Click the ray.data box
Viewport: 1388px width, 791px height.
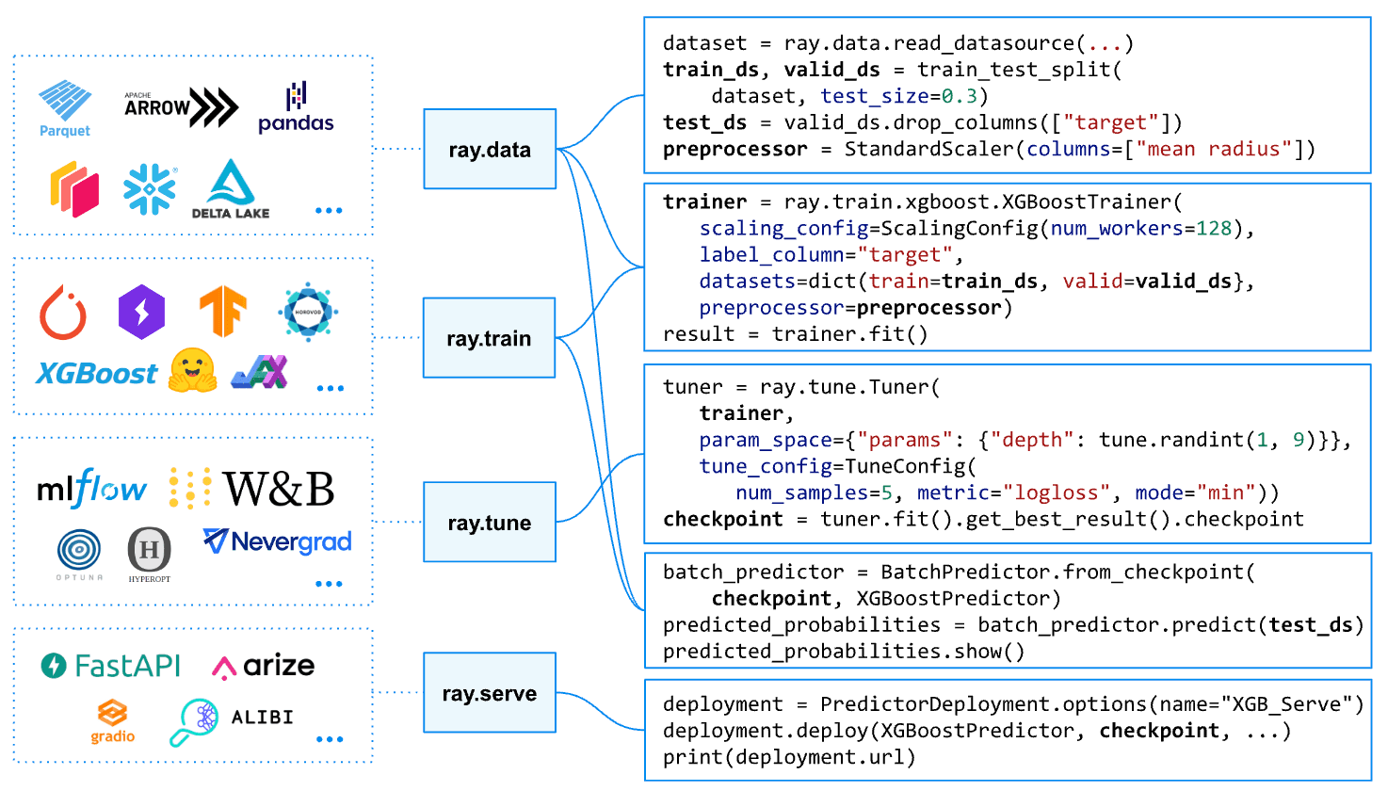pos(490,149)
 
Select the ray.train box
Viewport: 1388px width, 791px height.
pos(490,338)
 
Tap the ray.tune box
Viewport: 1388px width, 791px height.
pos(490,523)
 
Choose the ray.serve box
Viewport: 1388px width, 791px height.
pos(490,693)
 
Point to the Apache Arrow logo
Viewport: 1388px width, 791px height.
pos(181,107)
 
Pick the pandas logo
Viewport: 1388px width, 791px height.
pos(296,109)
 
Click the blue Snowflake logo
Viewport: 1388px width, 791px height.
pos(150,189)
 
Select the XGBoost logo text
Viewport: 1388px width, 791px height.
pos(97,374)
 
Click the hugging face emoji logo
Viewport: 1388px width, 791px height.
pos(192,370)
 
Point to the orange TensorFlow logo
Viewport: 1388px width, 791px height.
pos(222,312)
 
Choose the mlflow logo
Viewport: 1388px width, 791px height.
pos(91,489)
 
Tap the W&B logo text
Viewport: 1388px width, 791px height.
pos(279,489)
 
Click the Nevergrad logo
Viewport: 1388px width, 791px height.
pos(278,541)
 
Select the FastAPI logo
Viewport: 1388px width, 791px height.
pos(111,666)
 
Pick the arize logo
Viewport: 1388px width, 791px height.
pos(265,666)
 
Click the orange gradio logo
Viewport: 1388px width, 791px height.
pos(112,721)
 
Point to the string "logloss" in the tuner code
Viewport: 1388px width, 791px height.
pos(1056,492)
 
